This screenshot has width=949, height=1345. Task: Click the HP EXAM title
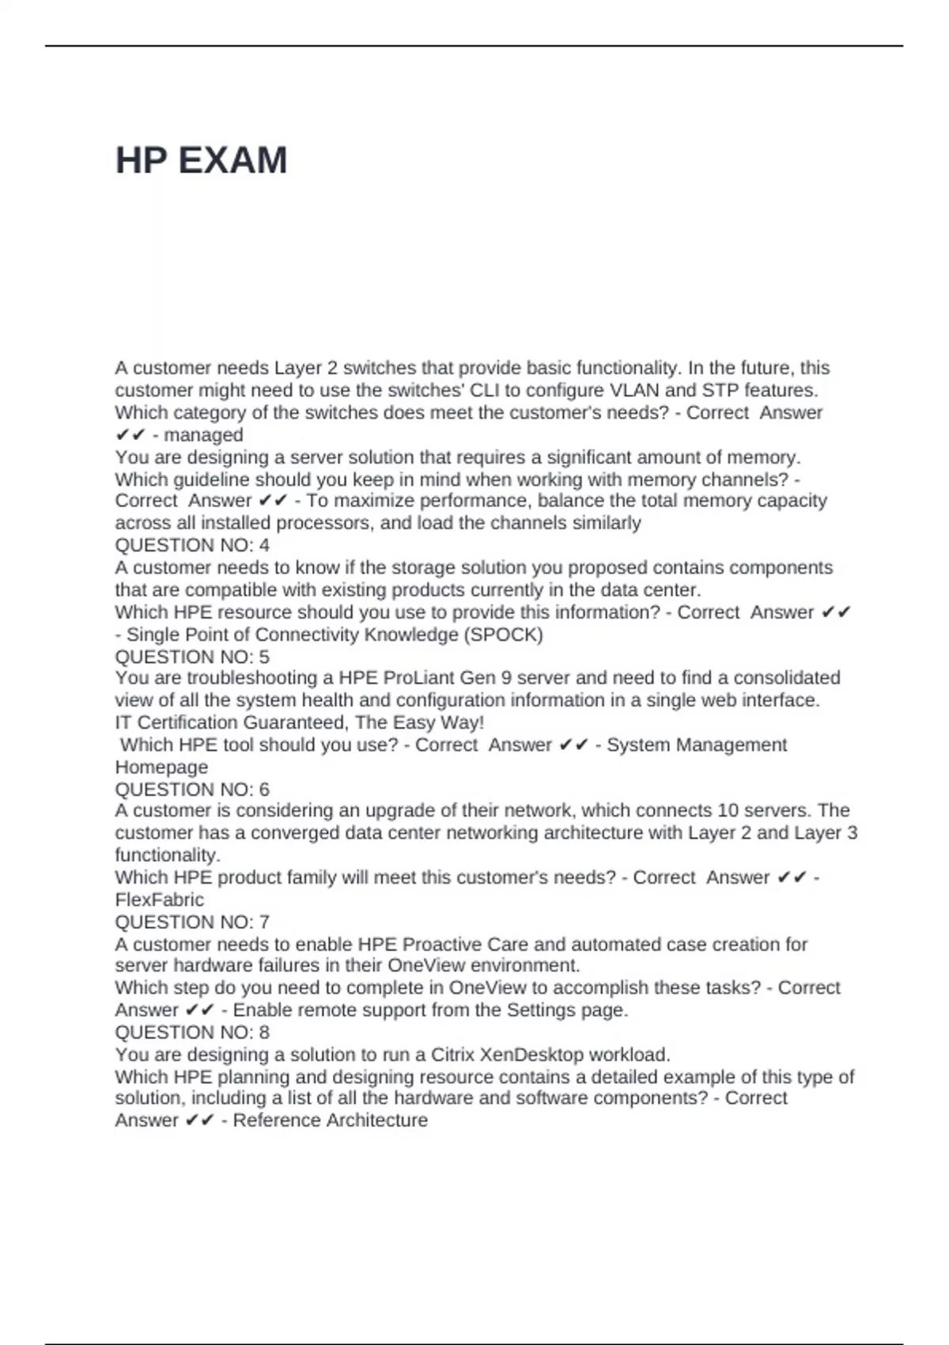pos(201,161)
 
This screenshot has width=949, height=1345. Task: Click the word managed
pos(203,435)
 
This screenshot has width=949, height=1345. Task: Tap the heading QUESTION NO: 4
pos(192,545)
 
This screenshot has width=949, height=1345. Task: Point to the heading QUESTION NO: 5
pos(192,657)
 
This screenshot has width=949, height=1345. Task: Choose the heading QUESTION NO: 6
pos(192,790)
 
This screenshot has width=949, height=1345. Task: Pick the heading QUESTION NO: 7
pos(192,922)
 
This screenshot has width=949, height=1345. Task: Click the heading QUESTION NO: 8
pos(192,1032)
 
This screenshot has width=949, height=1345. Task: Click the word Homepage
pos(161,767)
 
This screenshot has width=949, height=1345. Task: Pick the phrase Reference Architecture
pos(330,1120)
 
